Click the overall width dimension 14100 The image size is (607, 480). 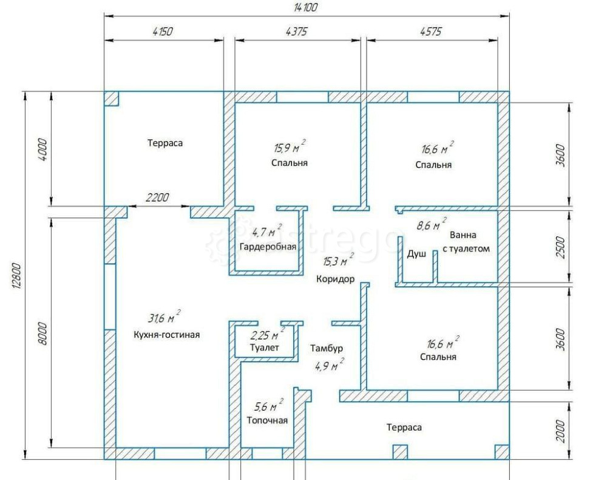click(306, 7)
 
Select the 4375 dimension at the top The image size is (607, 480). click(297, 32)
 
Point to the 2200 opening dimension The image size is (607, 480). click(158, 197)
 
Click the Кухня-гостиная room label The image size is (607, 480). click(167, 334)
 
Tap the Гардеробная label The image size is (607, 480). click(268, 247)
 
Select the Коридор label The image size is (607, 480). click(335, 279)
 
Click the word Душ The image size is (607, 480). click(416, 254)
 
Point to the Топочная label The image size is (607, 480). click(267, 420)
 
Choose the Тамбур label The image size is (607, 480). click(327, 348)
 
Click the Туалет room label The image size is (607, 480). click(265, 348)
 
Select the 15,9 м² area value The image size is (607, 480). click(290, 147)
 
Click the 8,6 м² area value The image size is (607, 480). click(431, 224)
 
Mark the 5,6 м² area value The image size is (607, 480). click(268, 406)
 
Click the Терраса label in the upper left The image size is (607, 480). click(165, 143)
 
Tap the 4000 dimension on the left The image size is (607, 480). click(43, 149)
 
